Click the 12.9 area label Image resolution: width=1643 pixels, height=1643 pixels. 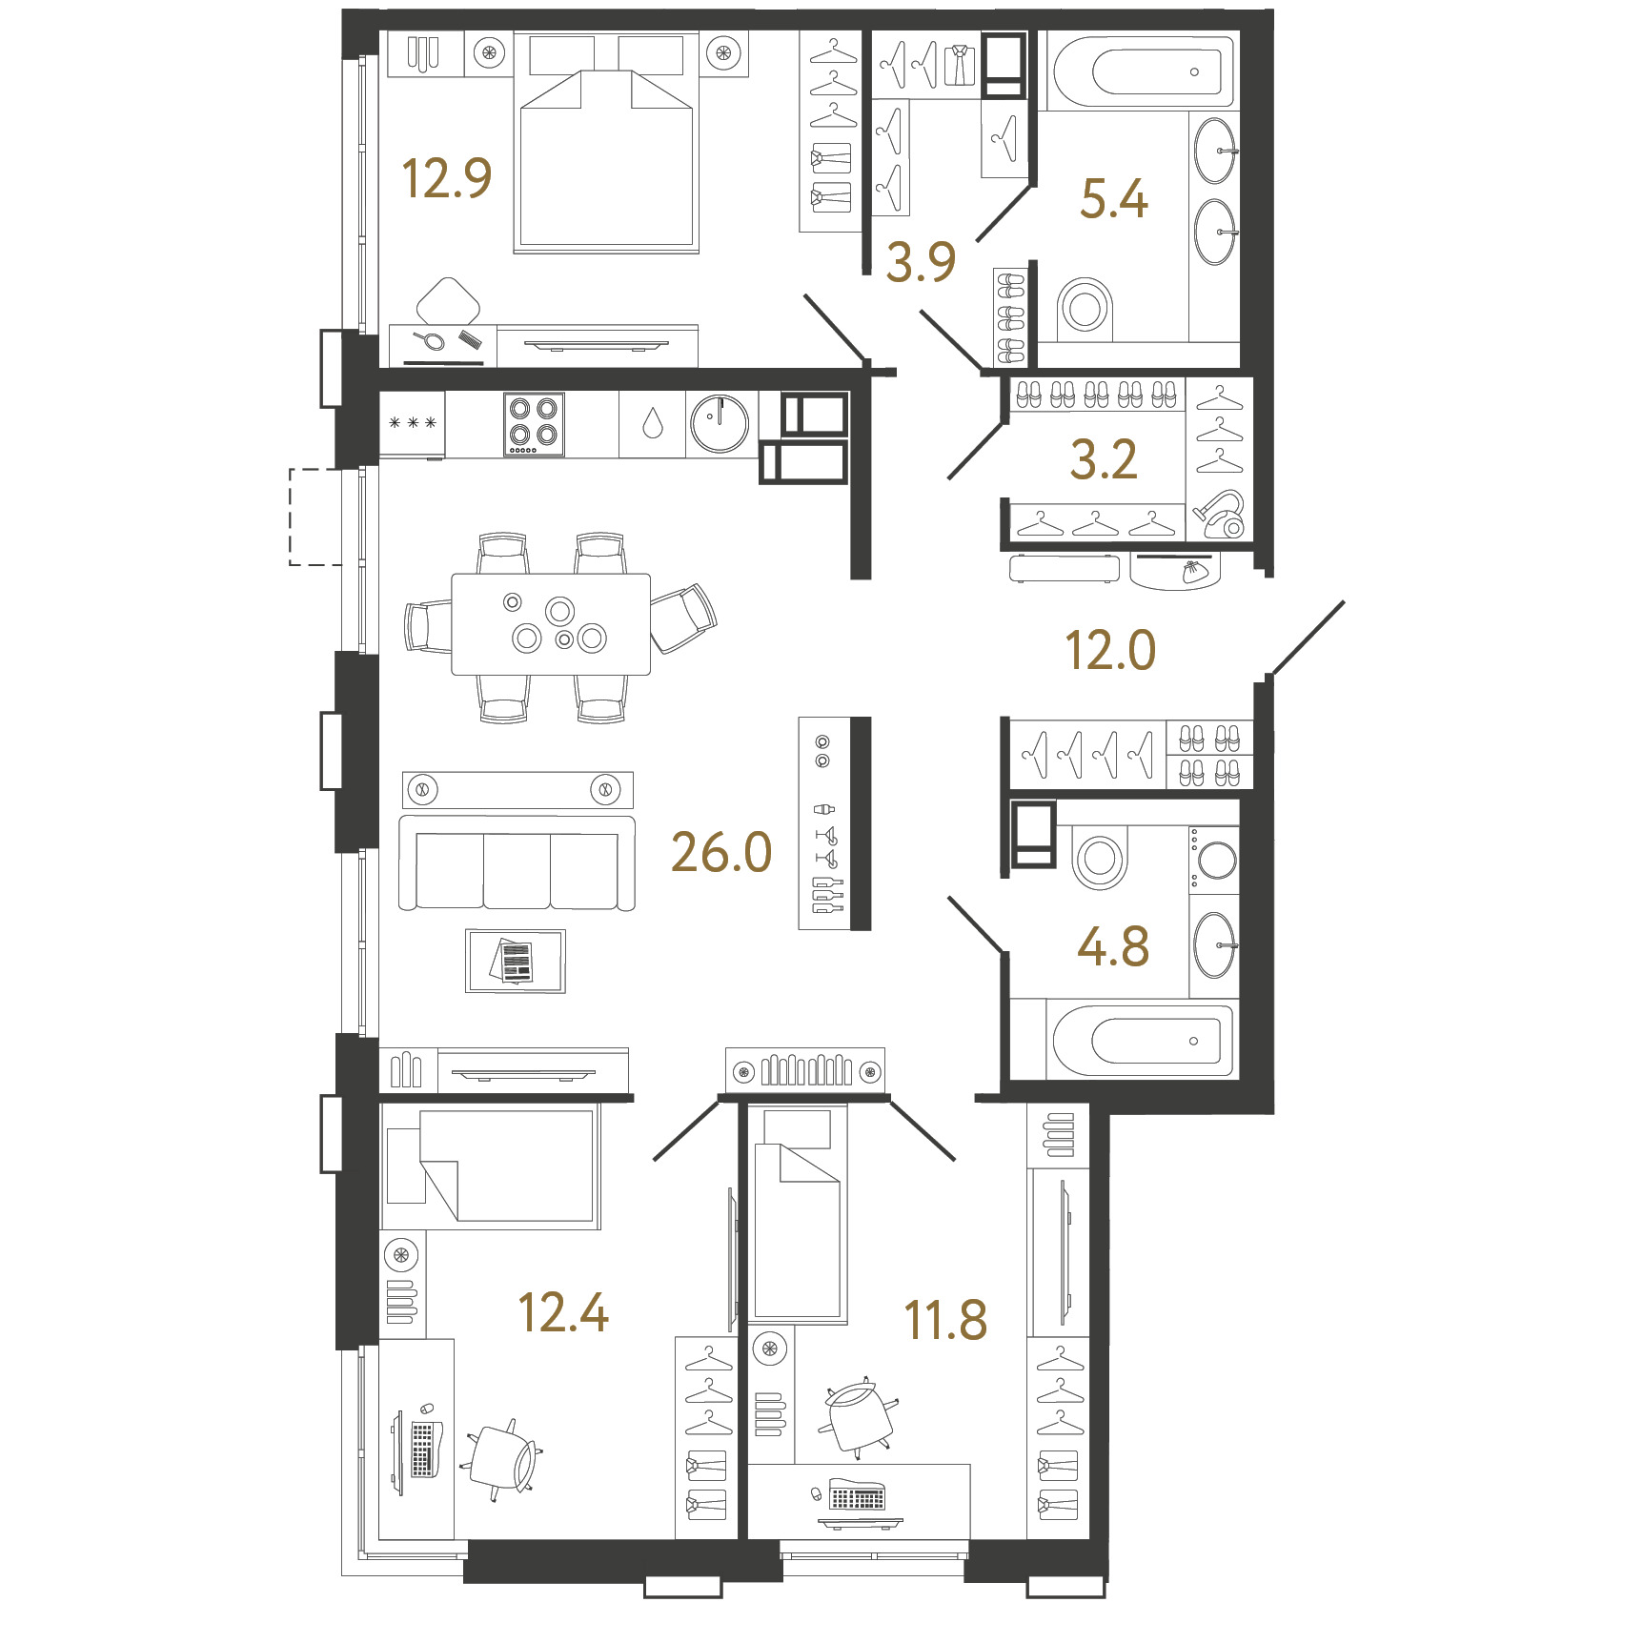point(446,178)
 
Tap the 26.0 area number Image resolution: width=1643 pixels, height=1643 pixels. point(721,852)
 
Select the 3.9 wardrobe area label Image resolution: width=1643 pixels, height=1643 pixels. point(921,262)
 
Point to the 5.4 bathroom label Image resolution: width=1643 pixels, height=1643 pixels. point(1114,199)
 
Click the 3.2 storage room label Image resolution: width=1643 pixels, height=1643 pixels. point(1104,460)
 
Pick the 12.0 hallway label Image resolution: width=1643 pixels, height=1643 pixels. point(1110,651)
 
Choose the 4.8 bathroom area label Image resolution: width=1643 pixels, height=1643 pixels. point(1113,947)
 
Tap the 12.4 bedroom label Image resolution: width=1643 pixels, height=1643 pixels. point(563,1312)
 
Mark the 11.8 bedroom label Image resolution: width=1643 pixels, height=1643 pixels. point(945,1321)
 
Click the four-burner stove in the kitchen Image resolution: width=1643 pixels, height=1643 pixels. point(534,424)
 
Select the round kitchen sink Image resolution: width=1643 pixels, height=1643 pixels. point(720,424)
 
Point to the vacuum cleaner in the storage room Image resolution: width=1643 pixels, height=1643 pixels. point(1219,515)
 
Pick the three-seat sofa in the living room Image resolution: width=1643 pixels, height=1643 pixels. point(517,862)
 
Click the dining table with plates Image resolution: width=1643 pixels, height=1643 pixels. point(551,624)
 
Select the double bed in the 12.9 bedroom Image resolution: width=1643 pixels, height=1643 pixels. point(606,143)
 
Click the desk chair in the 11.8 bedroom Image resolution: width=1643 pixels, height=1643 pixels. point(858,1418)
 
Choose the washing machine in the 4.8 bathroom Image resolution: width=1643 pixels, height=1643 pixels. point(1215,860)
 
